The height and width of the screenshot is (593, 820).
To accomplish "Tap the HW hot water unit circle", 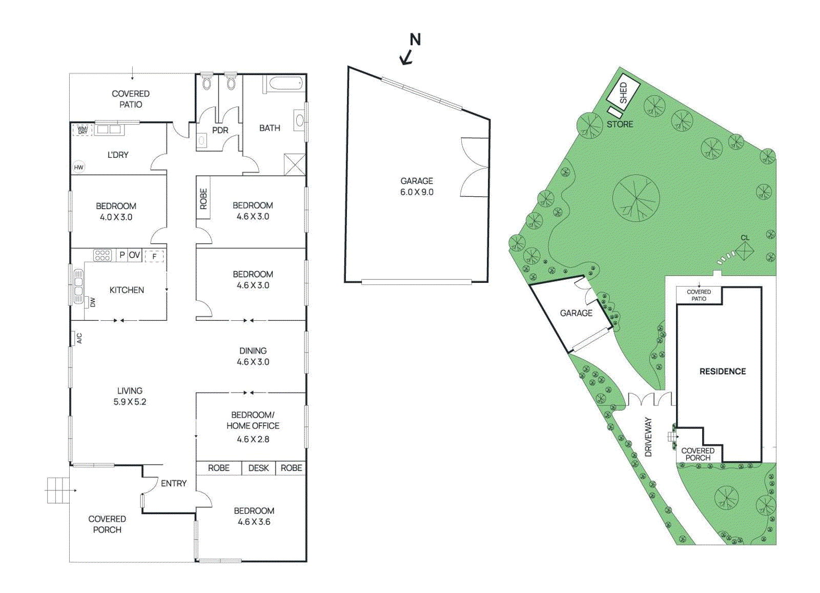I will (78, 167).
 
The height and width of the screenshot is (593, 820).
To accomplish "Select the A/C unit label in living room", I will (79, 338).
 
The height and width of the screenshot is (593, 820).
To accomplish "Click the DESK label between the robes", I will (258, 468).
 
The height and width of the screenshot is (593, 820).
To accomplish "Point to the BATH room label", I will (270, 128).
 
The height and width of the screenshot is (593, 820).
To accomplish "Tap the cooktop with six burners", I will (102, 255).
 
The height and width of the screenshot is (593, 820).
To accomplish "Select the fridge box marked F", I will (154, 256).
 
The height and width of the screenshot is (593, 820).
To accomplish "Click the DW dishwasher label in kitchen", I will (93, 302).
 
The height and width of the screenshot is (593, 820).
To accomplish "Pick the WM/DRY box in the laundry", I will (83, 130).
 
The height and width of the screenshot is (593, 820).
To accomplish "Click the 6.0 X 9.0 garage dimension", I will (417, 192).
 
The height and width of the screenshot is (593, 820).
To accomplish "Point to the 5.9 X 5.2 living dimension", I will (130, 402).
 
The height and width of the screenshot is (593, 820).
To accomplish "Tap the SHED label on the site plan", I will (623, 93).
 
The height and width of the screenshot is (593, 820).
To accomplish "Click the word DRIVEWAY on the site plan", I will (648, 437).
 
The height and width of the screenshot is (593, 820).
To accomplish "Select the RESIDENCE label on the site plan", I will (723, 371).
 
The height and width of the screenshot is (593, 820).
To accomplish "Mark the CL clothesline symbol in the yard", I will (744, 251).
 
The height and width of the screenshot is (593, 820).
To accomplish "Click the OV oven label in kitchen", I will (134, 255).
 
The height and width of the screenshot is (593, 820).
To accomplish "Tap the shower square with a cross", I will (295, 165).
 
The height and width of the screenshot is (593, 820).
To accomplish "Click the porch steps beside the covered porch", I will (58, 490).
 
